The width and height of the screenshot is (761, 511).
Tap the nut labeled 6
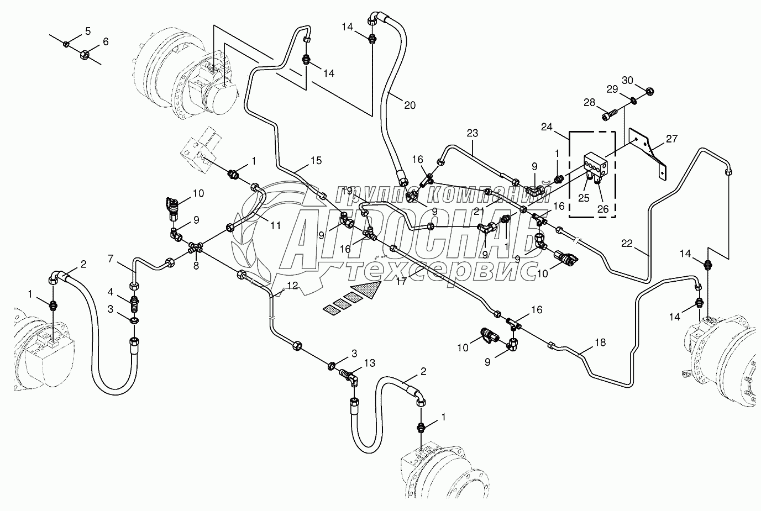pos(86,54)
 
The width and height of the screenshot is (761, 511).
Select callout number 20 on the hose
pos(409,105)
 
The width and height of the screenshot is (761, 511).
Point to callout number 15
pos(316,161)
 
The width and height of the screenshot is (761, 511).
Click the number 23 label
pos(472,133)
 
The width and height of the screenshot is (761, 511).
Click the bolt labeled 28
pos(609,115)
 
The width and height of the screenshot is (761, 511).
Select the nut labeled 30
pos(650,91)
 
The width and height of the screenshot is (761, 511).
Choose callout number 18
pos(600,343)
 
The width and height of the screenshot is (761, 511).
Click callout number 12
pos(292,286)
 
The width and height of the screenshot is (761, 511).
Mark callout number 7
pos(111,258)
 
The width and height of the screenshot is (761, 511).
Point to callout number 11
pos(276,225)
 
